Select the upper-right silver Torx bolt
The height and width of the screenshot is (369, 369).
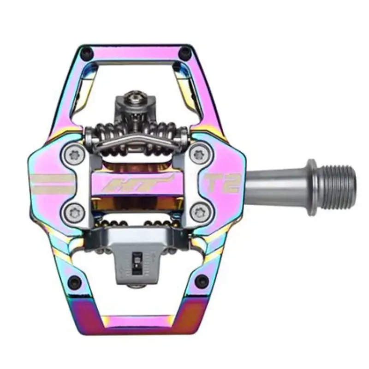(x=200, y=155)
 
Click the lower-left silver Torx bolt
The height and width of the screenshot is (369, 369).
(x=73, y=212)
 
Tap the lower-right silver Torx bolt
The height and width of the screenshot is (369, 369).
(x=200, y=212)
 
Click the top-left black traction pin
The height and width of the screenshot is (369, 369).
(x=85, y=54)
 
